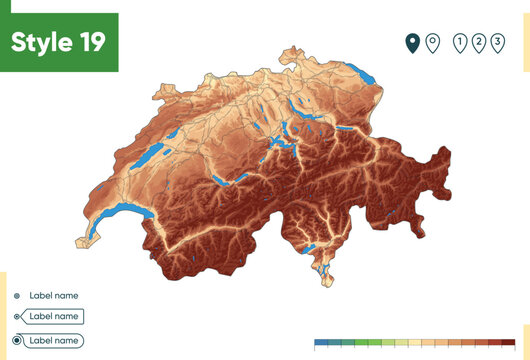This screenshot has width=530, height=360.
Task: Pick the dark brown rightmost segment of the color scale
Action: (x=509, y=342)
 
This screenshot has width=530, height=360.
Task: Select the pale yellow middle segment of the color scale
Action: (x=414, y=342)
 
